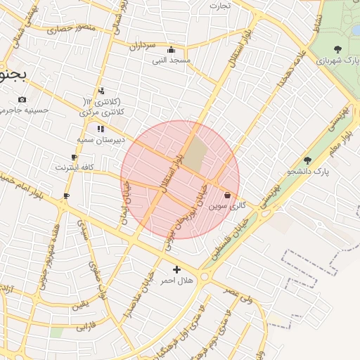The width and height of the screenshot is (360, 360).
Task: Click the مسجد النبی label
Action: coord(172,60)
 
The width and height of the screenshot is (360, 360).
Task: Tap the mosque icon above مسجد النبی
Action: coord(171,50)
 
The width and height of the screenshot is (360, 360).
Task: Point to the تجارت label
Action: coord(219,6)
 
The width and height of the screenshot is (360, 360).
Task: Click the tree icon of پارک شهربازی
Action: coord(337,49)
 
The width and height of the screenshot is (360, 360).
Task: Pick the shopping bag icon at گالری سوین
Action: coord(227,195)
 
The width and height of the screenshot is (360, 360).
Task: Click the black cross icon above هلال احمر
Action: coord(176,269)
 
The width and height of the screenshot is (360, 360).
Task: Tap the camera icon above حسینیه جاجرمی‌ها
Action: coord(22,99)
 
